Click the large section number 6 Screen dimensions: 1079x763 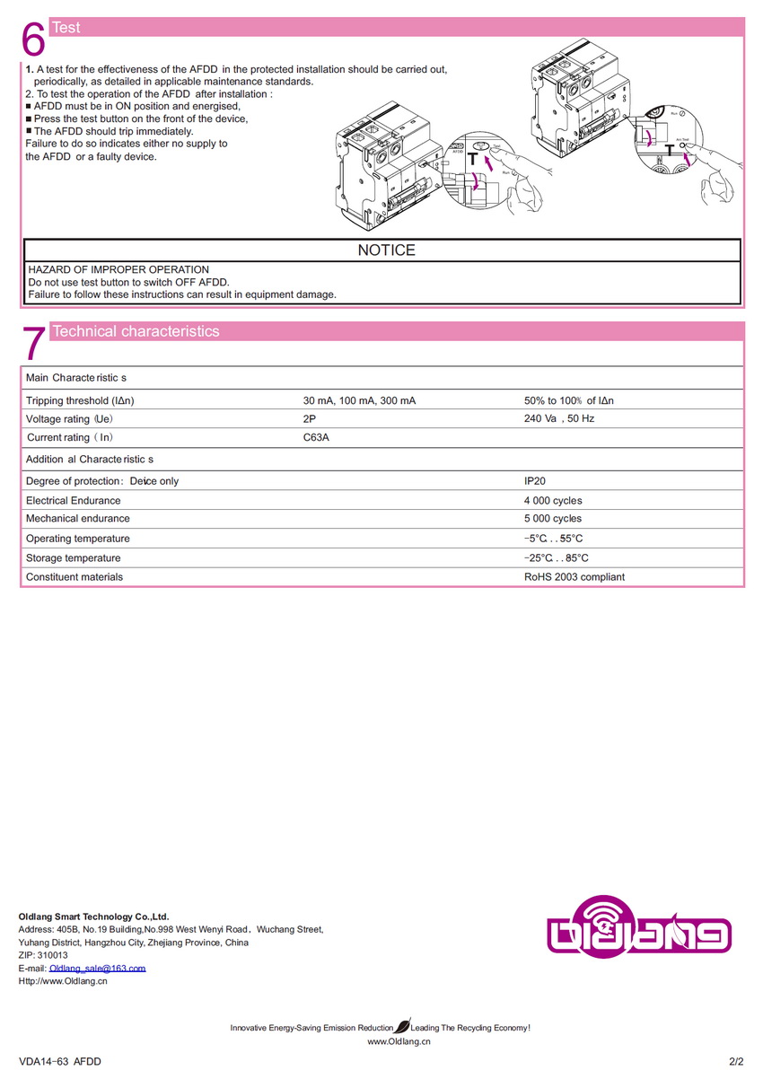(x=33, y=39)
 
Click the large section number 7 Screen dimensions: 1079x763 (x=33, y=343)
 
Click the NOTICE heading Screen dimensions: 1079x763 (x=386, y=250)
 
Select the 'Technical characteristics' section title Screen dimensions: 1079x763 (x=136, y=331)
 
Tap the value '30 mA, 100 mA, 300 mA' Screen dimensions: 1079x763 (x=359, y=400)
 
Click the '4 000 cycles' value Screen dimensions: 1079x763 (x=553, y=501)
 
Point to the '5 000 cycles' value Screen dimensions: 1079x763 (x=553, y=519)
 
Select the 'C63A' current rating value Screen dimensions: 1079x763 (x=316, y=437)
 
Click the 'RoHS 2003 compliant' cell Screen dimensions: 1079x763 (x=574, y=577)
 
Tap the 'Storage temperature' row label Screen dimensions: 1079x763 (x=73, y=558)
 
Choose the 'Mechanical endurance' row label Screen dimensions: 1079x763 (x=77, y=519)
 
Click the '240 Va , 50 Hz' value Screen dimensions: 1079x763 (x=559, y=419)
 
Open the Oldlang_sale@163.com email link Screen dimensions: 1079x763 (x=97, y=969)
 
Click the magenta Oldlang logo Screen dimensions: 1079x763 (x=638, y=925)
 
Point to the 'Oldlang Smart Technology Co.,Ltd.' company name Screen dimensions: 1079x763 (x=93, y=917)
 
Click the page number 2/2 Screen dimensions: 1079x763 (x=736, y=1062)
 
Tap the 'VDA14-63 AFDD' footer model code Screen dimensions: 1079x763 (x=60, y=1062)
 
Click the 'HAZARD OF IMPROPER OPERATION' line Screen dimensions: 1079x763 (x=118, y=269)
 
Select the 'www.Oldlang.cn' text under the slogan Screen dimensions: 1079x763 (x=399, y=1042)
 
